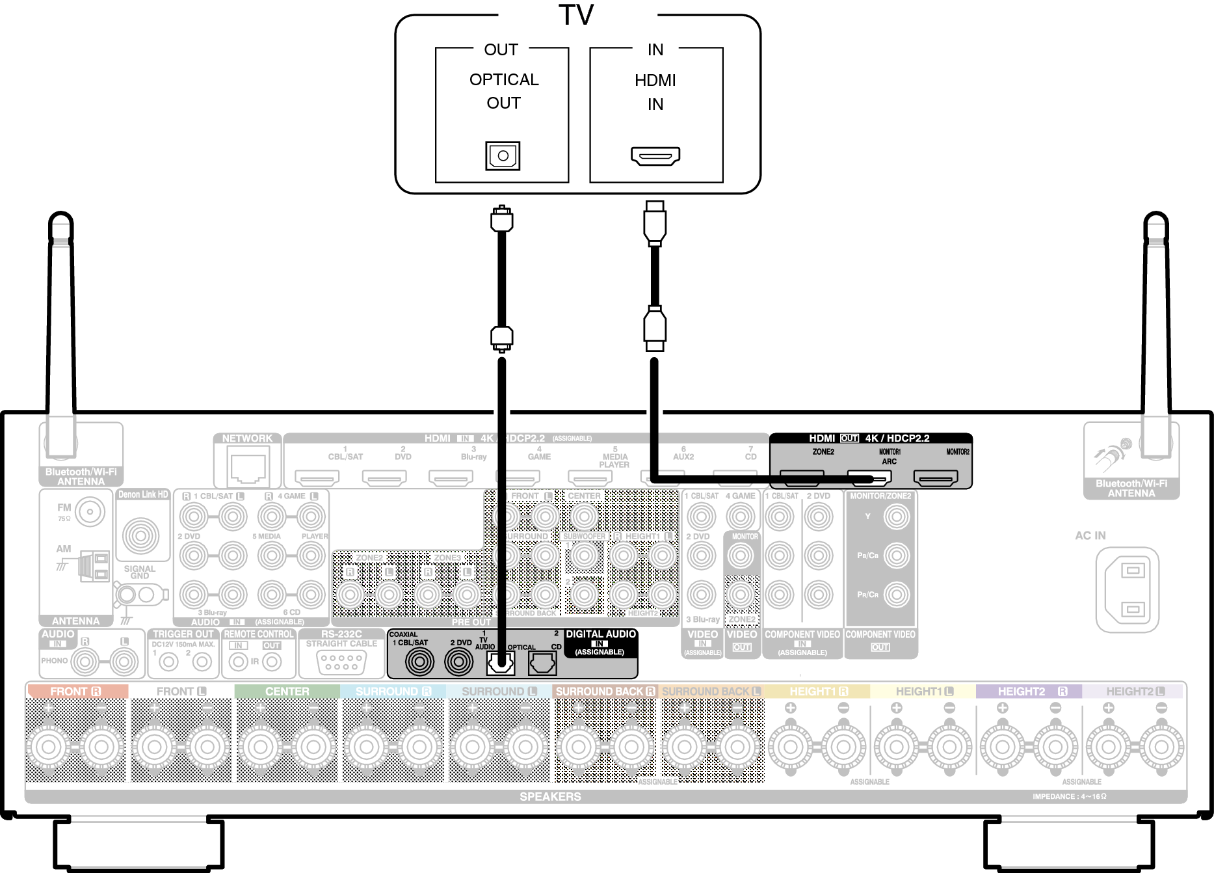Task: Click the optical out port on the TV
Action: pyautogui.click(x=503, y=156)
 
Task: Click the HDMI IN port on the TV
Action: pyautogui.click(x=655, y=155)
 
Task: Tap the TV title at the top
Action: pyautogui.click(x=576, y=16)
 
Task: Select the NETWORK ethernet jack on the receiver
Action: pyautogui.click(x=248, y=468)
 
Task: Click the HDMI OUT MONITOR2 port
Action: pyautogui.click(x=936, y=479)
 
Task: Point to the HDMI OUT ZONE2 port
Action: pyautogui.click(x=802, y=479)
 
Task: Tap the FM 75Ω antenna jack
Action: pyautogui.click(x=90, y=512)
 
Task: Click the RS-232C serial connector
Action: pyautogui.click(x=341, y=662)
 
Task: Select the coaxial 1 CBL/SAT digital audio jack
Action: pyautogui.click(x=419, y=662)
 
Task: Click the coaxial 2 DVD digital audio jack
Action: pyautogui.click(x=459, y=662)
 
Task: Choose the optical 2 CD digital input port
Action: pyautogui.click(x=542, y=664)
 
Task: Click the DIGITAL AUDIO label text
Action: pyautogui.click(x=600, y=634)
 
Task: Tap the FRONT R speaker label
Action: pyautogui.click(x=75, y=692)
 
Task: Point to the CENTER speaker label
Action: pyautogui.click(x=287, y=692)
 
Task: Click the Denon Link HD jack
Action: pyautogui.click(x=140, y=535)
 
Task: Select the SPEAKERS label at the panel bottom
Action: pyautogui.click(x=550, y=796)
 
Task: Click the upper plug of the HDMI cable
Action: pyautogui.click(x=655, y=223)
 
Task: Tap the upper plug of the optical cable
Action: pyautogui.click(x=501, y=220)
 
